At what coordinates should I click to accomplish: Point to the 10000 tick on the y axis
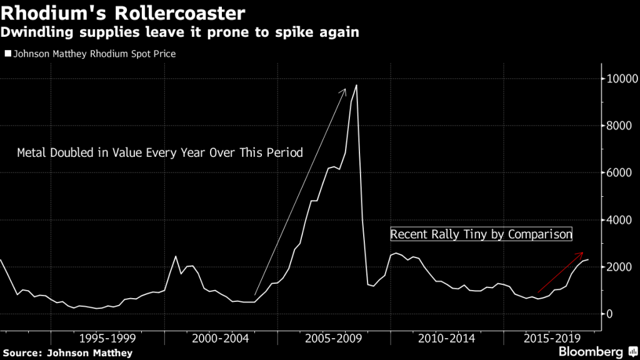(618, 79)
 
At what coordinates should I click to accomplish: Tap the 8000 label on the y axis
(618, 126)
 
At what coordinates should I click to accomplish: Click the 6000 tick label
(618, 172)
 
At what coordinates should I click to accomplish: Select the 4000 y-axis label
(618, 220)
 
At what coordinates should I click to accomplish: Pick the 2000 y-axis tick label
(618, 267)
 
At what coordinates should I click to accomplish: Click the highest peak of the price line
(356, 85)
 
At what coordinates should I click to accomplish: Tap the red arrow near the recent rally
(561, 272)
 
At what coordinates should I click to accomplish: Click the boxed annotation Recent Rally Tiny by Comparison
(481, 235)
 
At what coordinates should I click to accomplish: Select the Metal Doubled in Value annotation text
(159, 152)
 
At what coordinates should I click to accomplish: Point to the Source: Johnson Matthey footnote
(67, 353)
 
